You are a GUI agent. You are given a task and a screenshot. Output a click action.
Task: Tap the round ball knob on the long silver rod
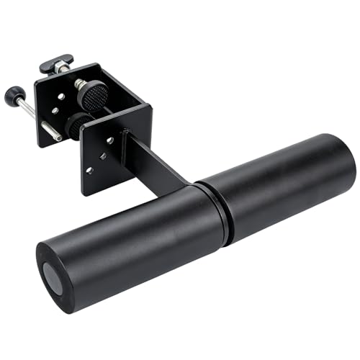[x=12, y=94]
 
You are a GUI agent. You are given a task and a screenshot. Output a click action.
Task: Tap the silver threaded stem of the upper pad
[x=78, y=84]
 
